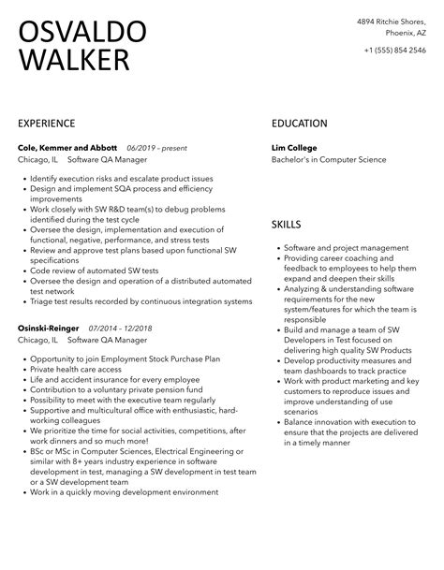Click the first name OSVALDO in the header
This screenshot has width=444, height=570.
coord(82,33)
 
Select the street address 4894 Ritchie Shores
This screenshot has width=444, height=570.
coord(390,22)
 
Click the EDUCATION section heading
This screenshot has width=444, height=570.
coord(299,124)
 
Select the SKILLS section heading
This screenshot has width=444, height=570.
coord(287,226)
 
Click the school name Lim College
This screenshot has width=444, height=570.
coord(294,147)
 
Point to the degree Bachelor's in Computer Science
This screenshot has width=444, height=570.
coord(329,160)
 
